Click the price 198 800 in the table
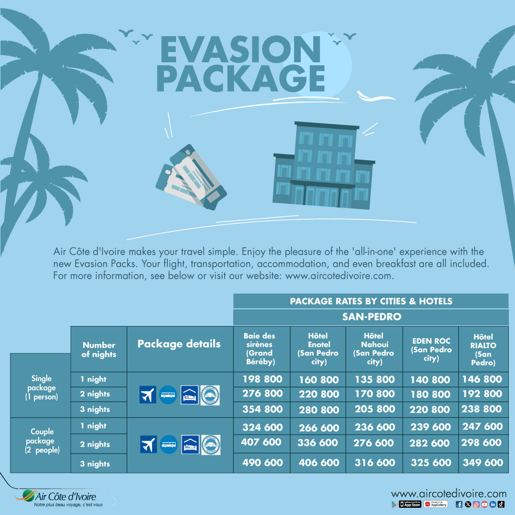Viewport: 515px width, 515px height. coord(263,379)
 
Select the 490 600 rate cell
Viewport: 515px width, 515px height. coord(263,462)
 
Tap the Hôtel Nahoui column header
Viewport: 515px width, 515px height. coord(374,349)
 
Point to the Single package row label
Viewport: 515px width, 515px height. coord(41,388)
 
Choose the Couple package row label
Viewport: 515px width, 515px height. coord(42,441)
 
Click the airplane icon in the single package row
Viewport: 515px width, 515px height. coord(147,394)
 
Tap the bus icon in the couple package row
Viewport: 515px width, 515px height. coord(169,444)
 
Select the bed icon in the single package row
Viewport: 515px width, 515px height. coord(190,394)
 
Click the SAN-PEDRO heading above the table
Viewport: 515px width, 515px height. coord(371,317)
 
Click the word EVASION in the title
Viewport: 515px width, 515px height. coord(241,49)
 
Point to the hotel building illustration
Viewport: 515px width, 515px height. coord(323,165)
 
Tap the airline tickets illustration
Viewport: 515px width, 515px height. coord(191,178)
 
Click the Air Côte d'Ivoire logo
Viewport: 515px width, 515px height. coord(59,497)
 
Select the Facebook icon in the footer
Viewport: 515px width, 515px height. coord(459,504)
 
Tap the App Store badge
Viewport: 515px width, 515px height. coord(410,504)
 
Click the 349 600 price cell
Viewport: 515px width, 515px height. coord(483,462)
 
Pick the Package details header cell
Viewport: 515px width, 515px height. coord(179,344)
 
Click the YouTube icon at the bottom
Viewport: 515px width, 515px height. coord(485,504)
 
